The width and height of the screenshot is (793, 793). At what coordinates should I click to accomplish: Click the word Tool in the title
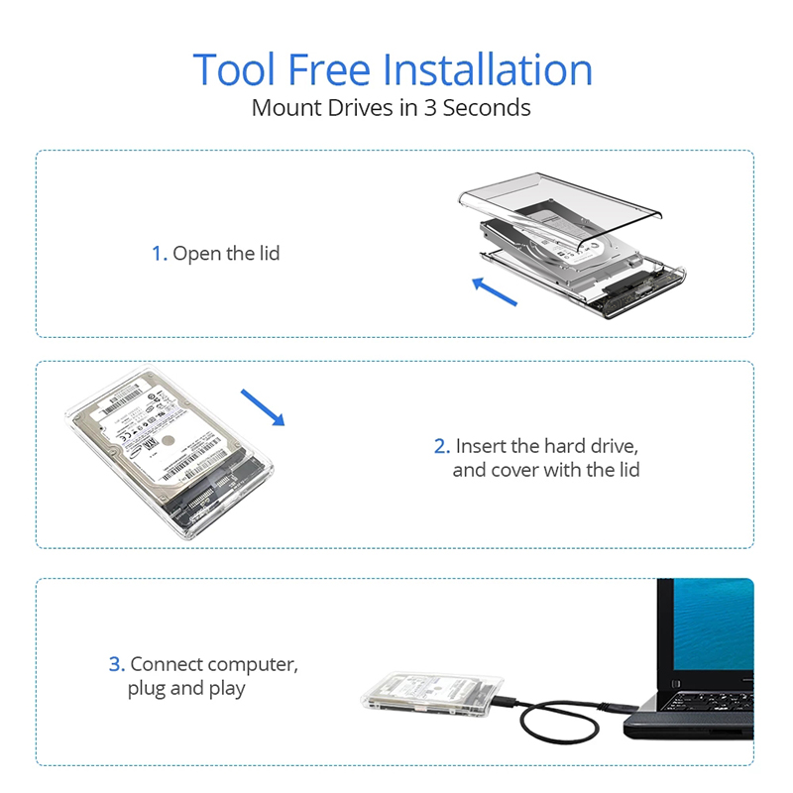(x=234, y=70)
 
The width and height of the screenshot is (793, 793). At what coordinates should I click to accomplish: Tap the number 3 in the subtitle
(x=430, y=108)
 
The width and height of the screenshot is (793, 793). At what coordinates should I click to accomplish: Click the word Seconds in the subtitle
(x=487, y=108)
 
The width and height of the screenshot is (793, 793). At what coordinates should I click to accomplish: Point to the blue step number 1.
(x=159, y=254)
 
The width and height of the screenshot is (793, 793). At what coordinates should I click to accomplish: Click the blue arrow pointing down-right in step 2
(x=263, y=407)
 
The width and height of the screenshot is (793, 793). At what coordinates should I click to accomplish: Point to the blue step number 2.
(x=441, y=446)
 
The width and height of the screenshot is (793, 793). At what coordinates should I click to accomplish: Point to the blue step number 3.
(x=116, y=664)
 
